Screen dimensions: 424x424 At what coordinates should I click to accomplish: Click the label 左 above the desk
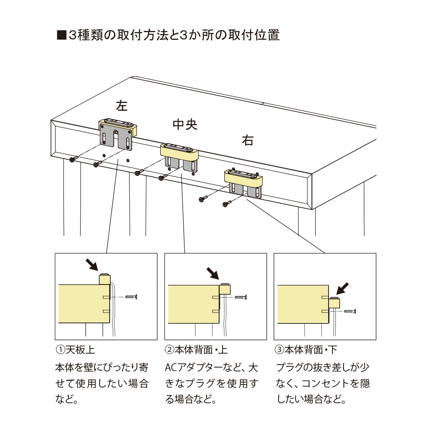pyautogui.click(x=122, y=106)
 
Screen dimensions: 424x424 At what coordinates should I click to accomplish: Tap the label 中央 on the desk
pyautogui.click(x=185, y=124)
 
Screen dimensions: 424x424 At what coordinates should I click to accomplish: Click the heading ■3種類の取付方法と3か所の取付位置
pyautogui.click(x=168, y=35)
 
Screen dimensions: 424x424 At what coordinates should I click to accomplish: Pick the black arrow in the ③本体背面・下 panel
pyautogui.click(x=343, y=289)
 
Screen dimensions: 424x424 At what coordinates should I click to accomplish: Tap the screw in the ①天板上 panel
pyautogui.click(x=131, y=297)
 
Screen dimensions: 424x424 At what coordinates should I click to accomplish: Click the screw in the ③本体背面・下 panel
pyautogui.click(x=349, y=312)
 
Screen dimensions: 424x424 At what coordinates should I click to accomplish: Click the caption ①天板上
pyautogui.click(x=75, y=350)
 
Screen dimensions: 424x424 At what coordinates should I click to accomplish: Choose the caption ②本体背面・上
pyautogui.click(x=196, y=350)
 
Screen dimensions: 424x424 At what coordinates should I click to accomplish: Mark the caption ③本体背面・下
pyautogui.click(x=306, y=350)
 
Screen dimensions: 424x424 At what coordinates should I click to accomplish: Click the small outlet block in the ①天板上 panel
pyautogui.click(x=104, y=279)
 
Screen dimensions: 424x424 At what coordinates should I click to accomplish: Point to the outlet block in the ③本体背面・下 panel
pyautogui.click(x=335, y=304)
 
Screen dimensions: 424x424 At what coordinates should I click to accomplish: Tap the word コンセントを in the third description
pyautogui.click(x=330, y=384)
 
